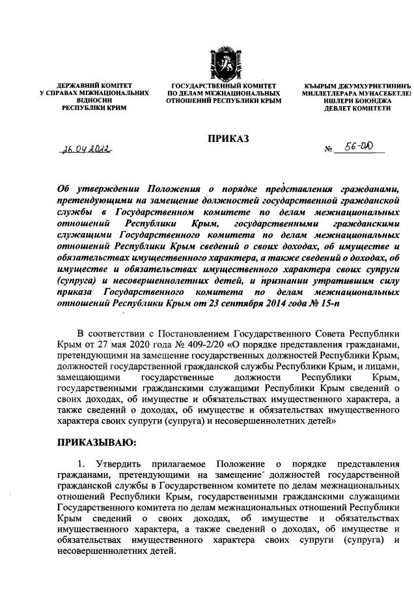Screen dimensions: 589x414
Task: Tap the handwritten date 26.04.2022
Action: tap(86, 149)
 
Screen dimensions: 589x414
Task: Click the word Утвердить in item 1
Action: tap(120, 463)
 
